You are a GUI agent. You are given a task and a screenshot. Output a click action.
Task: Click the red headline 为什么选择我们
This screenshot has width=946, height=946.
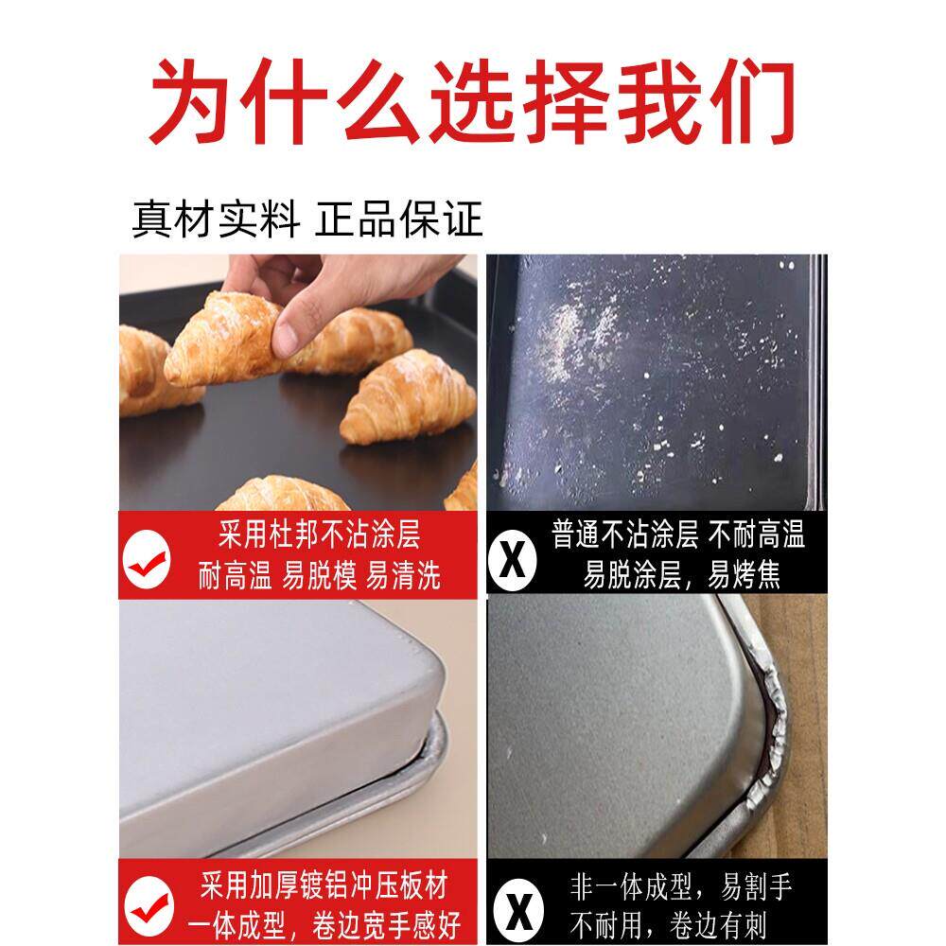473,101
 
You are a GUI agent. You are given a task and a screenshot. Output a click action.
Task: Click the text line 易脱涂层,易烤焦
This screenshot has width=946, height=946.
681,575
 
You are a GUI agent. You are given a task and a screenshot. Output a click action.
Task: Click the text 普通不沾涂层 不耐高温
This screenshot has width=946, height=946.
678,536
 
